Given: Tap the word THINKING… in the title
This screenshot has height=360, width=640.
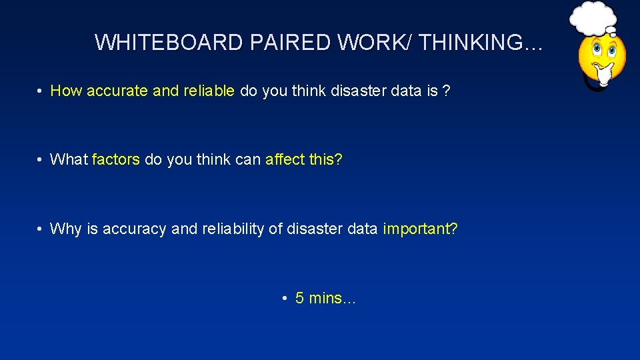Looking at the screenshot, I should point(481,43).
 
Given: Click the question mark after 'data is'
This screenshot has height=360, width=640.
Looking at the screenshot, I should point(447,91).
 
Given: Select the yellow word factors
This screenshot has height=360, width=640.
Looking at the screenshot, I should point(115,160).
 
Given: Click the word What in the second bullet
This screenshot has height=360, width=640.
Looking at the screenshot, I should point(69,160).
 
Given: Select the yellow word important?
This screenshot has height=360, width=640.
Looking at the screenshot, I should point(420,229).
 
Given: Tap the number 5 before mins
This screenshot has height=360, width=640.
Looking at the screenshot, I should point(300,299).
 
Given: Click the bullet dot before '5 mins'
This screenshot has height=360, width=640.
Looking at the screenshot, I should point(285,299).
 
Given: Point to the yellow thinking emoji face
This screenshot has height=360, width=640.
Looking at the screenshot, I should point(601,55).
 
